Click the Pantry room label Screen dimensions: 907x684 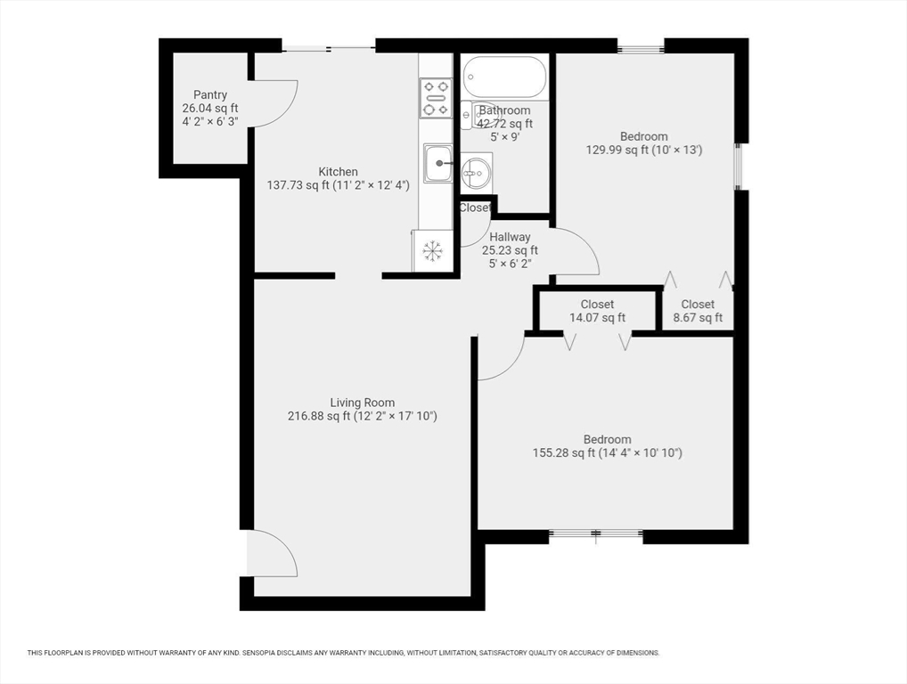click(210, 94)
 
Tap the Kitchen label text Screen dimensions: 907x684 click(339, 172)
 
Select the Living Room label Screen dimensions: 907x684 click(363, 403)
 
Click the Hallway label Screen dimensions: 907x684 click(510, 237)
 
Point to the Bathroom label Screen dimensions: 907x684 click(504, 110)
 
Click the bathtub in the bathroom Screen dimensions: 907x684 click(504, 77)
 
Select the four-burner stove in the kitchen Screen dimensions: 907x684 click(437, 98)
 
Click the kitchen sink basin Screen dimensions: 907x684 click(438, 164)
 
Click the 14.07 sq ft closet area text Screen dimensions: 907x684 click(598, 317)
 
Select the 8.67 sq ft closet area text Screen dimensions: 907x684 click(698, 317)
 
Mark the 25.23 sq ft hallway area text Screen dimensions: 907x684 click(510, 250)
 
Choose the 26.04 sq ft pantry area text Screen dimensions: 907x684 click(210, 108)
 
